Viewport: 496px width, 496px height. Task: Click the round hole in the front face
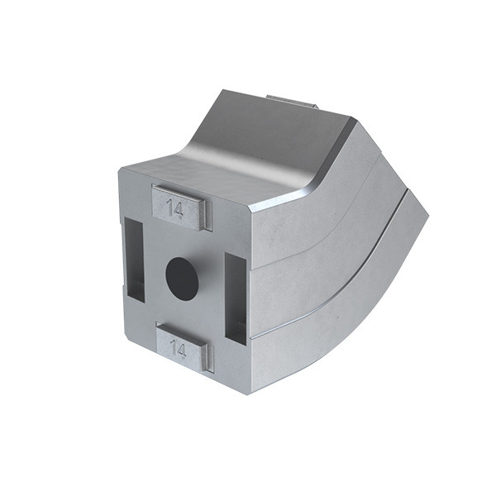[x=182, y=275]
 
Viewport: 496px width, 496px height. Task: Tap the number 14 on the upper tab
[x=174, y=207]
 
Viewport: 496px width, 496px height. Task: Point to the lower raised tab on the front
[x=184, y=350]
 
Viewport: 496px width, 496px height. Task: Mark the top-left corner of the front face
[x=121, y=169]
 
